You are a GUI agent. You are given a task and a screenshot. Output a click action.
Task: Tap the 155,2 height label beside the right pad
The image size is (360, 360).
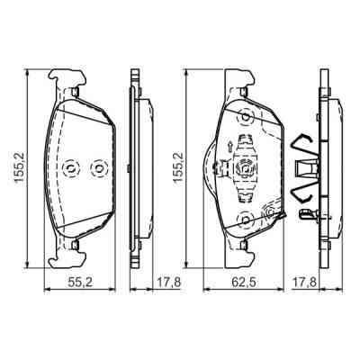pos(178,166)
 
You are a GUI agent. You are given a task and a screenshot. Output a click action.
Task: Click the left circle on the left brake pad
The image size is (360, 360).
pos(71,167)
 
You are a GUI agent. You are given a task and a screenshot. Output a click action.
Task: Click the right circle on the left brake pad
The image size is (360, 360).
pos(96,167)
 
